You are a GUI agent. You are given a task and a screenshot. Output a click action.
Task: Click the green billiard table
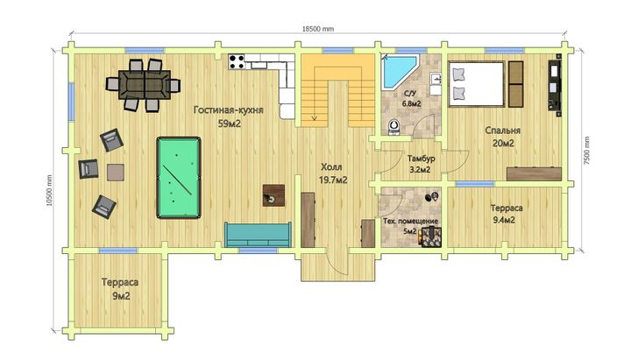[179, 178]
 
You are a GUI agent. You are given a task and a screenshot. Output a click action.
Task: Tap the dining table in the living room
[145, 85]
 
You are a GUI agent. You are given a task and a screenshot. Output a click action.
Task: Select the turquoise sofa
[258, 234]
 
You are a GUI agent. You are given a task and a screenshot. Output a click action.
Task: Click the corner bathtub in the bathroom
[399, 72]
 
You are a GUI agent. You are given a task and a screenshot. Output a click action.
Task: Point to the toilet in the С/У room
[394, 127]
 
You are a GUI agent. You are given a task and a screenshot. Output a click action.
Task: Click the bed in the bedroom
[477, 84]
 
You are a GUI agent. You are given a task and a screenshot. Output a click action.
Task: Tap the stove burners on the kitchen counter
[237, 61]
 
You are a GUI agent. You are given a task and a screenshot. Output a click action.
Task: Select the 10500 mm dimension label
[49, 190]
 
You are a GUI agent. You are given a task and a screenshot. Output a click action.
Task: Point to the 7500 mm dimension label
[587, 151]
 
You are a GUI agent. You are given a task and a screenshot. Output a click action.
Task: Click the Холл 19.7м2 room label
[333, 173]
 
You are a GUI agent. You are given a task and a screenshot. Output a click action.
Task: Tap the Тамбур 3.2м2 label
[421, 164]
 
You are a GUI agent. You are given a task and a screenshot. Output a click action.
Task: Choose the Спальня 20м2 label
[503, 137]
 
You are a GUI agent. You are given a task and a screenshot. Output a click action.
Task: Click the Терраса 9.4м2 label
[507, 214]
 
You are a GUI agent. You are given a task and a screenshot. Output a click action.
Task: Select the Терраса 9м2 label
[120, 289]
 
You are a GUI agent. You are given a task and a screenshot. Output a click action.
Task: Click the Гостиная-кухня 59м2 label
[229, 116]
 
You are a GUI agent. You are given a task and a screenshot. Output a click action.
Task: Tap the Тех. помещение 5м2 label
[410, 226]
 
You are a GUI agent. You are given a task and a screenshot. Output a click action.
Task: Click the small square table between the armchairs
[116, 173]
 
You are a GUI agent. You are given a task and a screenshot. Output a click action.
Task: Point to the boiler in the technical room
[431, 236]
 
